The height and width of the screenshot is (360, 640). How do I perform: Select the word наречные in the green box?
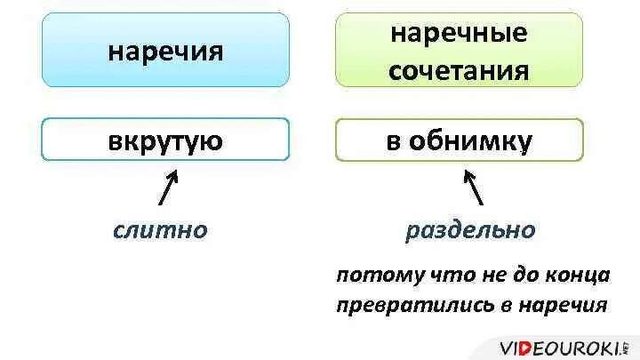pyautogui.click(x=459, y=35)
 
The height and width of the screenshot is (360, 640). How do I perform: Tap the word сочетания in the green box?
pyautogui.click(x=459, y=69)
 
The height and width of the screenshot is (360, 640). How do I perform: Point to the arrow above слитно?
pyautogui.click(x=170, y=188)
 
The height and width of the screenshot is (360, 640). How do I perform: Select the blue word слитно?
pyautogui.click(x=160, y=230)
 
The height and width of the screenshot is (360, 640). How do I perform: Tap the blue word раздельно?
pyautogui.click(x=470, y=230)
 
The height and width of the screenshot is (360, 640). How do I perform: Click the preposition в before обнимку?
pyautogui.click(x=392, y=140)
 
